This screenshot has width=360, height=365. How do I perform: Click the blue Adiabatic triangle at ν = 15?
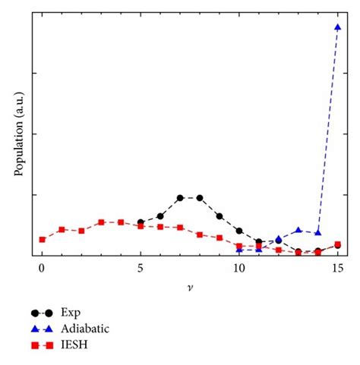tap(337, 27)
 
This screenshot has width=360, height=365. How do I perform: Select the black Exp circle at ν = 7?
tap(180, 198)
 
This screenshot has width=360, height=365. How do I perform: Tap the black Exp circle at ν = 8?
tap(200, 198)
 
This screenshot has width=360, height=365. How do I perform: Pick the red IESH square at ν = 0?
tap(42, 240)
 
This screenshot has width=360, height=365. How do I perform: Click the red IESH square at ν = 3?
tap(101, 222)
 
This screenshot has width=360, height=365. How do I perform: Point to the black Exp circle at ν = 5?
tap(141, 222)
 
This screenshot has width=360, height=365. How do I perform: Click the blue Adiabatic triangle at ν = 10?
tap(239, 249)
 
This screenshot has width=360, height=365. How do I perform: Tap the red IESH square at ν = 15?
tap(337, 244)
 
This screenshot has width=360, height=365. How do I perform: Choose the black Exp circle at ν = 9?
tap(219, 216)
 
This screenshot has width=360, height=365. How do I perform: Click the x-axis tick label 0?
tap(42, 269)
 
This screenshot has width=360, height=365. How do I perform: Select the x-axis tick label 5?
tap(141, 269)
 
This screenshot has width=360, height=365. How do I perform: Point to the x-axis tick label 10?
tap(239, 269)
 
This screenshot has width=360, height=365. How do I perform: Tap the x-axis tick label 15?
tap(337, 269)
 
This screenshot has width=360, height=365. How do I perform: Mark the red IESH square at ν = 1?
tap(62, 229)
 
